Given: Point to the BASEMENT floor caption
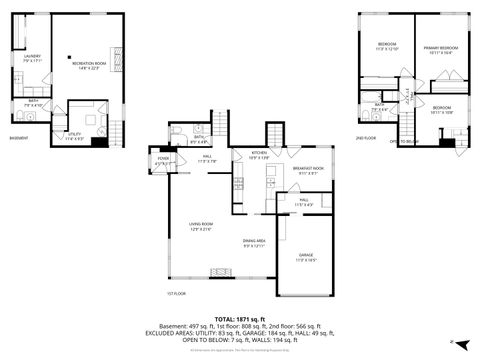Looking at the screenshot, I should [x=18, y=138].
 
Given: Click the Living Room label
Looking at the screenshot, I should [x=201, y=227].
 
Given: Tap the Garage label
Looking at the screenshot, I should [x=306, y=257].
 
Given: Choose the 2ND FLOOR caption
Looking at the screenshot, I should [x=365, y=139].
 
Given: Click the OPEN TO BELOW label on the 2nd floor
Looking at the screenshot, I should [x=403, y=142].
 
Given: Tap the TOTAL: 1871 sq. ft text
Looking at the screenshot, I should [x=240, y=319].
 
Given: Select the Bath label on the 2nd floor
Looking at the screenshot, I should [x=379, y=107].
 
